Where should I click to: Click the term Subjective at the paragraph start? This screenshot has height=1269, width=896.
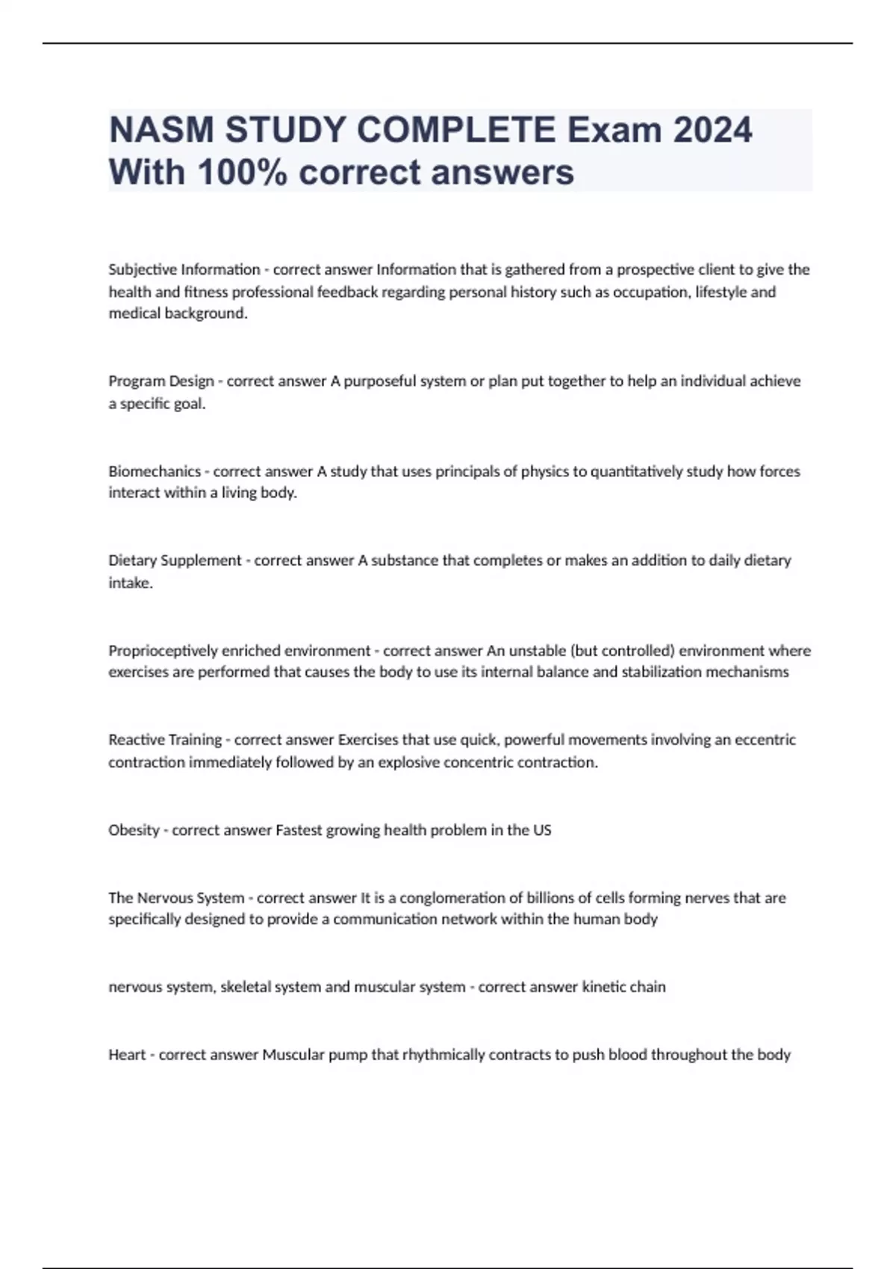(143, 269)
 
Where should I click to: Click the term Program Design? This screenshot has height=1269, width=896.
(161, 381)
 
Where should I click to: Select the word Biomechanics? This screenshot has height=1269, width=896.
(155, 472)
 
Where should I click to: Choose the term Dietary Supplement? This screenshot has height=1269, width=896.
(175, 561)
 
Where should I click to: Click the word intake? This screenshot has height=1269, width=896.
(130, 583)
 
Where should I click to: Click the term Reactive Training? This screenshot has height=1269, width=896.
(165, 740)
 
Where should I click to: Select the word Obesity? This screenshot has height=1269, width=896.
(134, 830)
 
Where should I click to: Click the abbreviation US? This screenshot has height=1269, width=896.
(542, 830)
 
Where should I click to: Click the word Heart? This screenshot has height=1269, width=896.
(127, 1055)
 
